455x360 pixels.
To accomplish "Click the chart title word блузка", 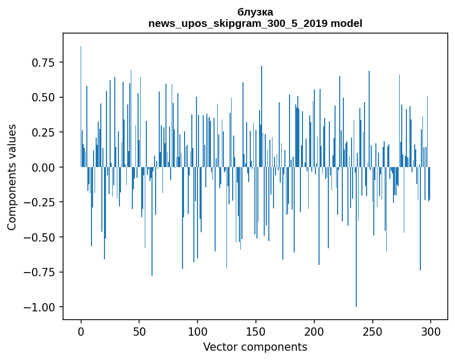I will pyautogui.click(x=255, y=12).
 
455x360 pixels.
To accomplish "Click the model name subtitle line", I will pyautogui.click(x=255, y=23).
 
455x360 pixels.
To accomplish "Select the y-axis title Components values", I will pyautogui.click(x=11, y=177).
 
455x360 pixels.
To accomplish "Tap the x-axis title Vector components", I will pyautogui.click(x=255, y=347).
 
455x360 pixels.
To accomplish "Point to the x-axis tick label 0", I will pyautogui.click(x=81, y=332).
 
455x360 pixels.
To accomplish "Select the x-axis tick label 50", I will pyautogui.click(x=139, y=332).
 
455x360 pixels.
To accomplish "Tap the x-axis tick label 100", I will pyautogui.click(x=198, y=332).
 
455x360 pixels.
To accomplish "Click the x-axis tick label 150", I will pyautogui.click(x=256, y=332).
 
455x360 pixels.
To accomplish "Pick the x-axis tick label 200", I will pyautogui.click(x=314, y=332).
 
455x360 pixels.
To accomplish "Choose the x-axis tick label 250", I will pyautogui.click(x=373, y=332).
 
